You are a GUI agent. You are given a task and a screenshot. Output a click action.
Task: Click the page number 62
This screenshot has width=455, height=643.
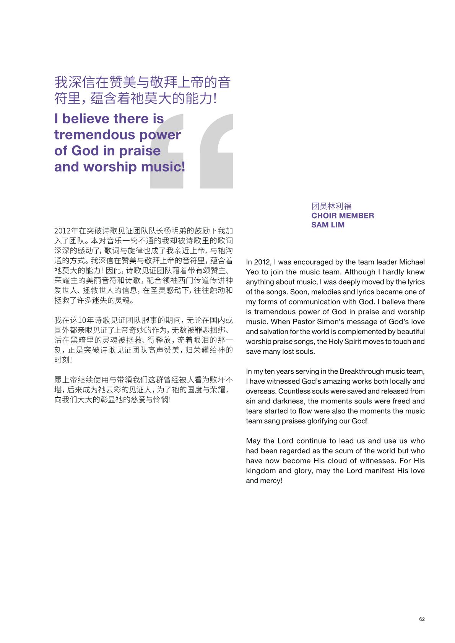click(x=422, y=619)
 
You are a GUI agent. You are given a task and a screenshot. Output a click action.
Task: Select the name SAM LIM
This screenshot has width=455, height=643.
click(x=328, y=225)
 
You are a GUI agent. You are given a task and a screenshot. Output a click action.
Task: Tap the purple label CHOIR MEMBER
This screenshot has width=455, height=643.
click(x=343, y=215)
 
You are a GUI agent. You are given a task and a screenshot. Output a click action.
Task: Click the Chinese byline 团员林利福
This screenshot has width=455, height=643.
click(x=331, y=206)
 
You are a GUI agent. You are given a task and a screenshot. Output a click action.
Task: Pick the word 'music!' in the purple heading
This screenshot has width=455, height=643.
click(x=163, y=167)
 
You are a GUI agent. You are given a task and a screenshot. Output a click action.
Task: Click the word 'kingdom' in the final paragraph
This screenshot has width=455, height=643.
click(x=260, y=471)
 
